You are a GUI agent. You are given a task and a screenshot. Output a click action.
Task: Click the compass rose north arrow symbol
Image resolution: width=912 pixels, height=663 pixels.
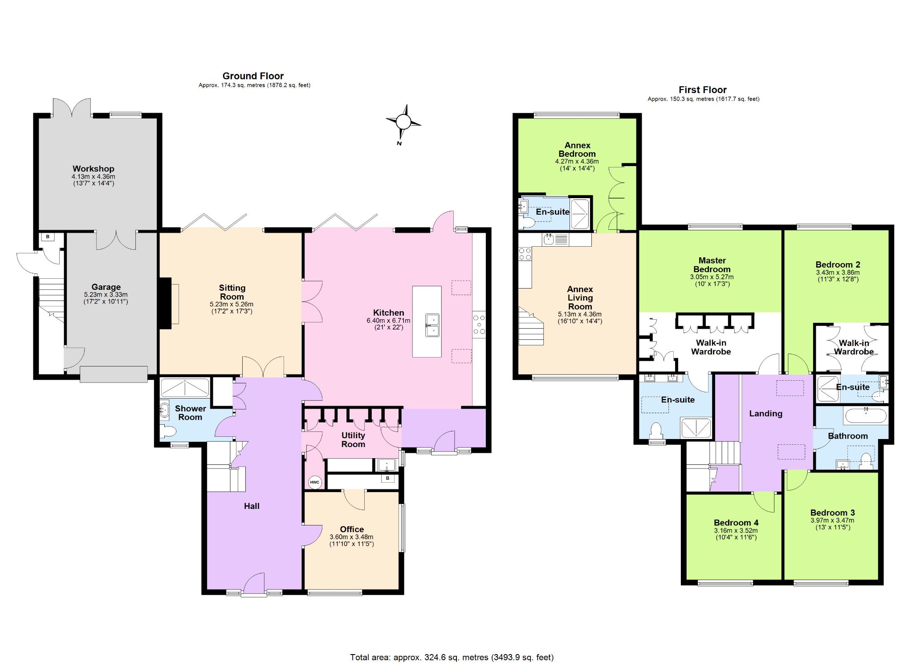[403, 122]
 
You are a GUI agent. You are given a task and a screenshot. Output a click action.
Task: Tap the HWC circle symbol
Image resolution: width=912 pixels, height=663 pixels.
[314, 482]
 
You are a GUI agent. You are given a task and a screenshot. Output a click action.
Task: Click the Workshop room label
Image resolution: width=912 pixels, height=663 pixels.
[94, 169]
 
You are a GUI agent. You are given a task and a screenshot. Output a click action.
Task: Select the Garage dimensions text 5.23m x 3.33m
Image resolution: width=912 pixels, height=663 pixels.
[106, 295]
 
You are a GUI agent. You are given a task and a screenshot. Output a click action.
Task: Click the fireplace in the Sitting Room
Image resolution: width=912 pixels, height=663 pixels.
[166, 303]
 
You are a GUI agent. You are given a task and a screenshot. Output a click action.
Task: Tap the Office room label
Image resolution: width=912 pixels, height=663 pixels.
[352, 529]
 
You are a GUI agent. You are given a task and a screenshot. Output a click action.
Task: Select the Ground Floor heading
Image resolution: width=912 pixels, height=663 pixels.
[253, 76]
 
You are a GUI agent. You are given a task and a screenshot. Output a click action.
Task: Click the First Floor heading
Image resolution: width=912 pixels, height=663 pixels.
[703, 90]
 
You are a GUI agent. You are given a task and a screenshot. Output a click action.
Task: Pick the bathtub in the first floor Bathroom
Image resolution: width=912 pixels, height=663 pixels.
[865, 416]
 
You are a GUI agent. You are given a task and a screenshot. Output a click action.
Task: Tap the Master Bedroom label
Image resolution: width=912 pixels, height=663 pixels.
[712, 265]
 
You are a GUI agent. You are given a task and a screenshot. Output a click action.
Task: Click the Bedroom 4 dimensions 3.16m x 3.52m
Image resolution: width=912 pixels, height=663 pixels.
[736, 531]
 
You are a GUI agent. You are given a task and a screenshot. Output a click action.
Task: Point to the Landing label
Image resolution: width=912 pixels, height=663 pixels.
[765, 414]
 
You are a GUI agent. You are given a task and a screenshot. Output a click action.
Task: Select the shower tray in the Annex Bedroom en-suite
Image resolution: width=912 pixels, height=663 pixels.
[580, 214]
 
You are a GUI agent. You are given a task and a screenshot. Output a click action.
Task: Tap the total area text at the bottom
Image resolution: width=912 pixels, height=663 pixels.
[452, 657]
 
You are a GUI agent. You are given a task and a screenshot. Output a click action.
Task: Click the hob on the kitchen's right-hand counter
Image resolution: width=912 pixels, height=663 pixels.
[479, 324]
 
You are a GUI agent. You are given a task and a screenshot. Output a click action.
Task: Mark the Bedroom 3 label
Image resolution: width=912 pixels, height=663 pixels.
[832, 513]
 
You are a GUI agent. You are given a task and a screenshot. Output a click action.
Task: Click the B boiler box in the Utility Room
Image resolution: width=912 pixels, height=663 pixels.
[388, 478]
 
